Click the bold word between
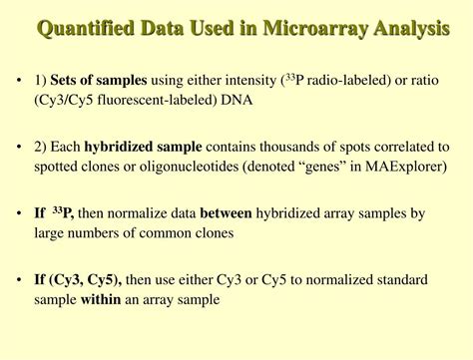point(226,213)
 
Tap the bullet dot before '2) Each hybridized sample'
point(20,146)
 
